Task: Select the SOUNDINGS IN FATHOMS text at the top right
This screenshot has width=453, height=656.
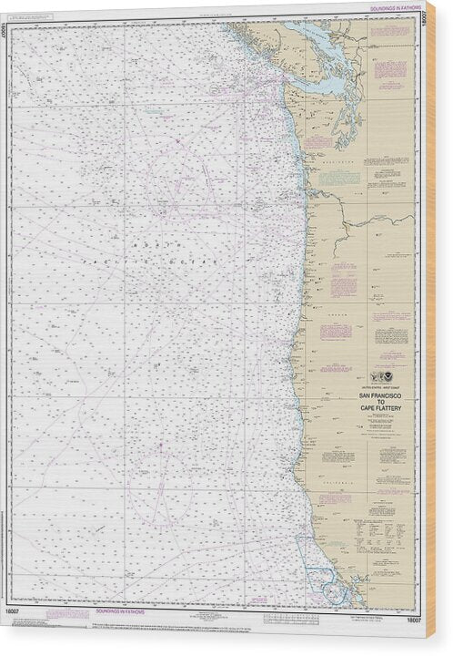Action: pos(392,6)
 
